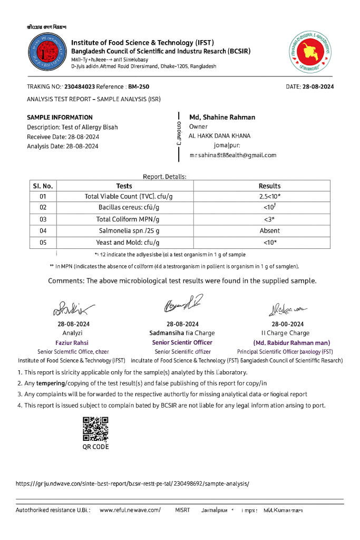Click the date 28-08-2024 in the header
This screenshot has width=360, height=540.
click(318, 86)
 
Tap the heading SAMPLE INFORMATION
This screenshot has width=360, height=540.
click(60, 118)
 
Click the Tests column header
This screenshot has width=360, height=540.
click(124, 186)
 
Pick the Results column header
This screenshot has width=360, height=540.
click(269, 186)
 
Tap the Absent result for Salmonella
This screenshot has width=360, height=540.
click(269, 230)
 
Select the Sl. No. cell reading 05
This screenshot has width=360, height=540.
click(43, 243)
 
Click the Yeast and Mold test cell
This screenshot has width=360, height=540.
click(129, 243)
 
